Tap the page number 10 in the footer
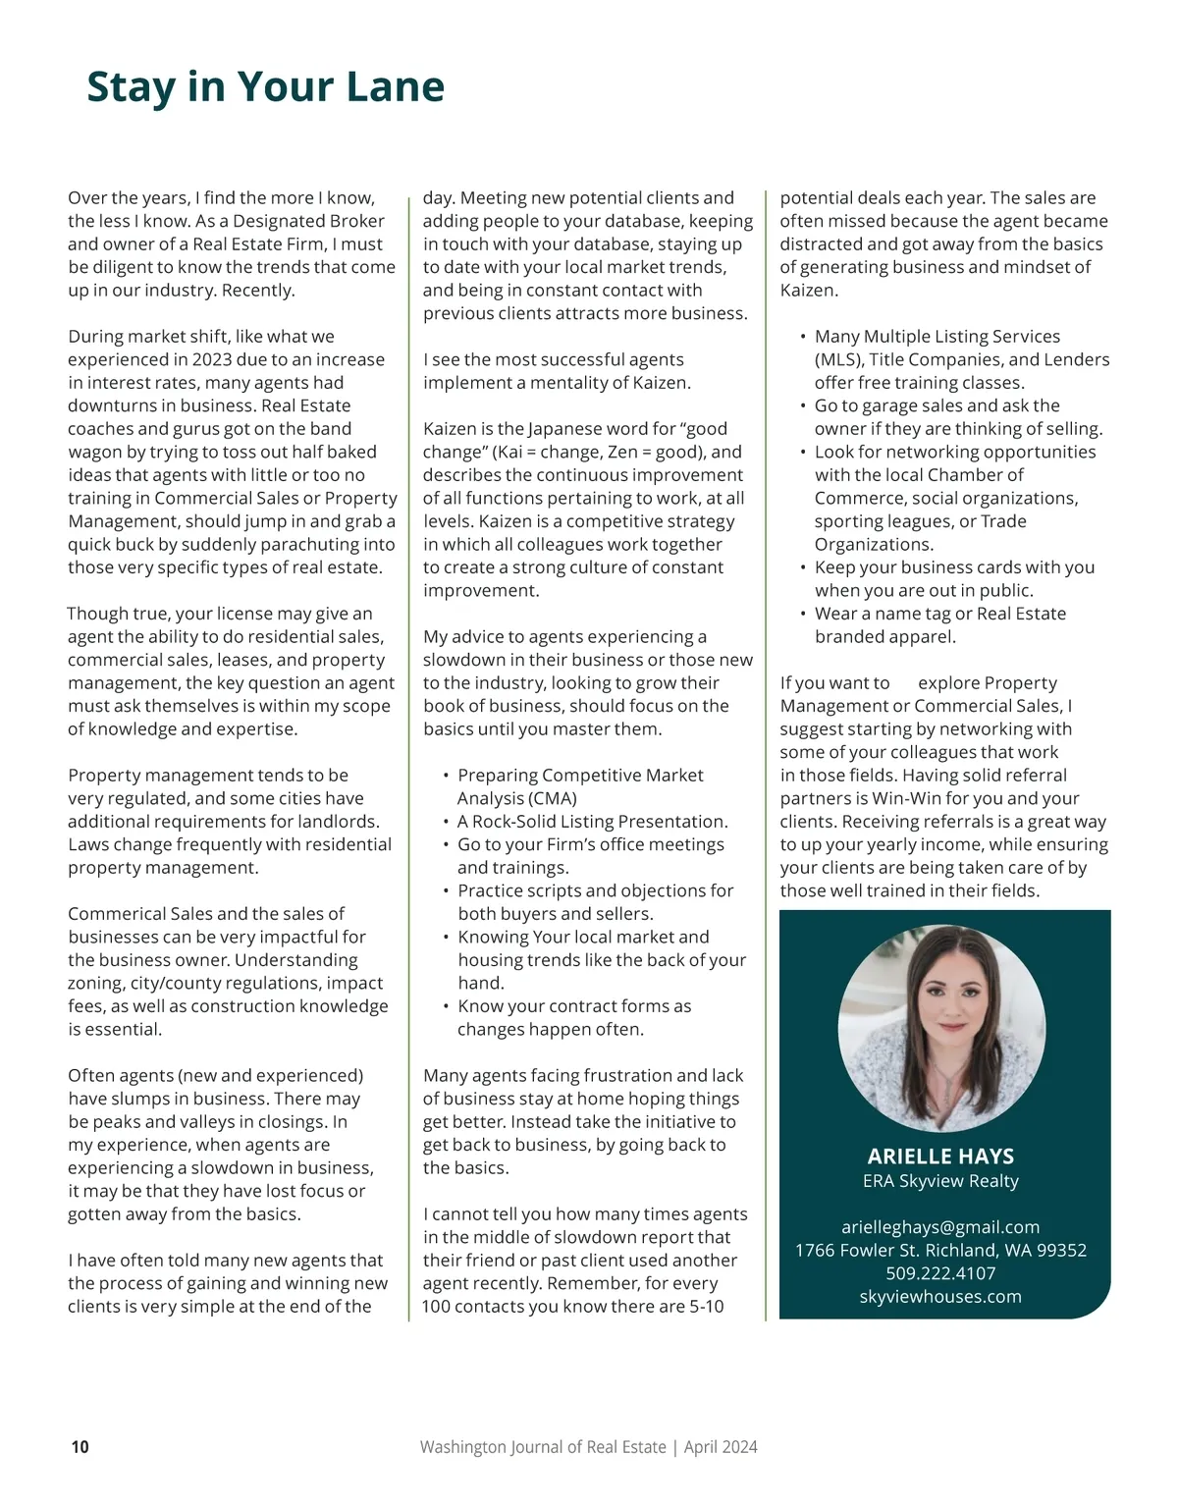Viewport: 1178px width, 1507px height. point(80,1446)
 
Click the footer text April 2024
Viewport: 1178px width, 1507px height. point(721,1446)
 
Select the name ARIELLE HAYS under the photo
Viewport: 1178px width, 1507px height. point(940,1157)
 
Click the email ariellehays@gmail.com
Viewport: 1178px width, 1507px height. point(940,1227)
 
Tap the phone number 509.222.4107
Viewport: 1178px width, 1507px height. point(940,1273)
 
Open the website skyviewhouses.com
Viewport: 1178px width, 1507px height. point(940,1297)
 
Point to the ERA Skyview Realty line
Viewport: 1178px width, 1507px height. point(940,1181)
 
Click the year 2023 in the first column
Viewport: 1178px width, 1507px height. point(212,359)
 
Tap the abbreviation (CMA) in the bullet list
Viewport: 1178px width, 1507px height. point(553,798)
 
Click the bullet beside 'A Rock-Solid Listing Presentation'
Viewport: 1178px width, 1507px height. point(447,822)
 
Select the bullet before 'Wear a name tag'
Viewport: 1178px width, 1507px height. point(803,614)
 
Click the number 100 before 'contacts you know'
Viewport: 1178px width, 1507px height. point(437,1307)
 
